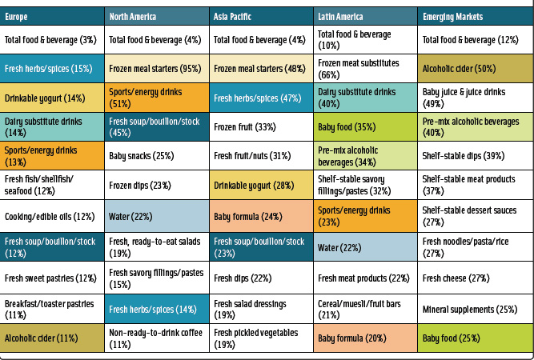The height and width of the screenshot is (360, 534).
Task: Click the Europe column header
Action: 53,16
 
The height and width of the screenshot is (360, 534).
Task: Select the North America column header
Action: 157,16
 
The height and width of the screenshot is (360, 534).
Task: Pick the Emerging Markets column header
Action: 474,16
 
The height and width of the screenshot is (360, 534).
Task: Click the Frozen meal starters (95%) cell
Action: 157,69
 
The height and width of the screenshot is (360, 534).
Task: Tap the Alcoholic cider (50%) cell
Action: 474,69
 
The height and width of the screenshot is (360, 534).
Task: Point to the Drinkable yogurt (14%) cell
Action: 53,98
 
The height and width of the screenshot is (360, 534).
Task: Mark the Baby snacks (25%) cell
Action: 157,156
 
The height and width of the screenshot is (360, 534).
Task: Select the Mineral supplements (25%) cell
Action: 474,309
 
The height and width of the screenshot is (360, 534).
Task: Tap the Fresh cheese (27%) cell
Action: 474,278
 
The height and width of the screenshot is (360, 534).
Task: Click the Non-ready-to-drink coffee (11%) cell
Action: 157,338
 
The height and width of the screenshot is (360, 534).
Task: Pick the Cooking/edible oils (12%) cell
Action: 53,216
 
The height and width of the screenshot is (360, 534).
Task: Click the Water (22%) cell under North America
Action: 157,216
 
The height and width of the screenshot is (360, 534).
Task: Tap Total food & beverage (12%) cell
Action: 474,40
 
